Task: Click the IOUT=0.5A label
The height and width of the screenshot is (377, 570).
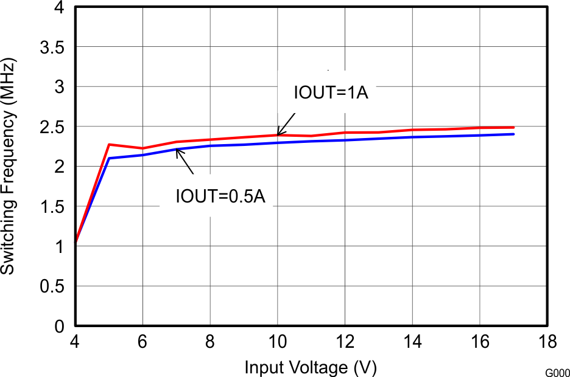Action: (x=220, y=196)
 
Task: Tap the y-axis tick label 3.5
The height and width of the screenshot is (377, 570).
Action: (x=53, y=47)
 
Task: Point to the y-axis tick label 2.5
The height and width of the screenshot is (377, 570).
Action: (x=53, y=127)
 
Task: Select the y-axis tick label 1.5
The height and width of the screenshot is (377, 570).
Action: (x=53, y=207)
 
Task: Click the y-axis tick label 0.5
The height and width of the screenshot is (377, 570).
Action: (x=53, y=286)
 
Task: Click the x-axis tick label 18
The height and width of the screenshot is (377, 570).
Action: (x=547, y=343)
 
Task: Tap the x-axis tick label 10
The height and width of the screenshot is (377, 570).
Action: (x=278, y=343)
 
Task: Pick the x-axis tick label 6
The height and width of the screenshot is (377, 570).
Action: (x=142, y=343)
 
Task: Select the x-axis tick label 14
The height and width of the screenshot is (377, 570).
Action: (x=413, y=343)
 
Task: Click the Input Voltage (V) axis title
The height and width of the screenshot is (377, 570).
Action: (x=310, y=367)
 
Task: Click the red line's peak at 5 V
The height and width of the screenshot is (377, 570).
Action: (x=109, y=144)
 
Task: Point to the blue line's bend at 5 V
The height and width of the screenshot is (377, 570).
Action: (x=109, y=158)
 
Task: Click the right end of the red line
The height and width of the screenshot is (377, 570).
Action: (x=514, y=127)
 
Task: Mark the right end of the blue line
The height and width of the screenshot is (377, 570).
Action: (x=514, y=134)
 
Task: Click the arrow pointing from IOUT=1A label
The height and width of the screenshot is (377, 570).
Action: (x=287, y=123)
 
